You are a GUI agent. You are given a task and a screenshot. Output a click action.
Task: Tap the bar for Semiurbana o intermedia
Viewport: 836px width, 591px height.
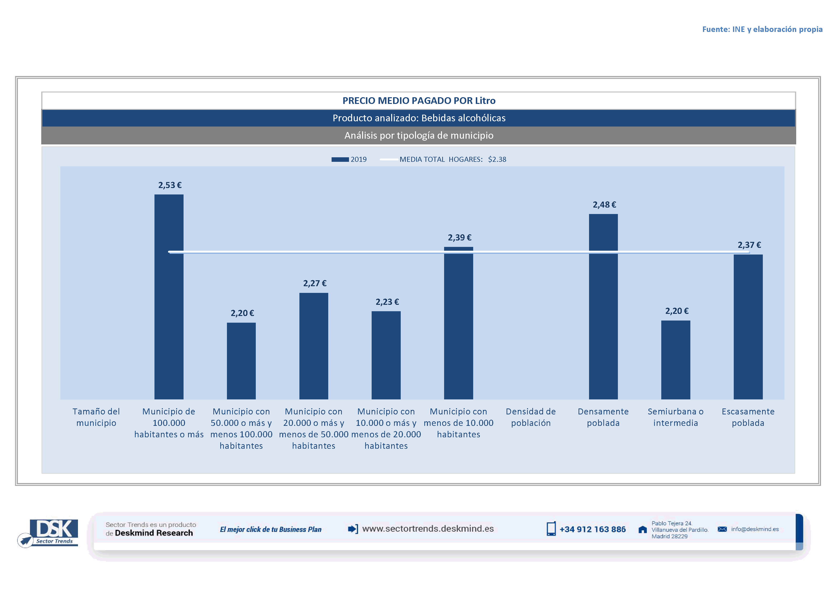pos(675,360)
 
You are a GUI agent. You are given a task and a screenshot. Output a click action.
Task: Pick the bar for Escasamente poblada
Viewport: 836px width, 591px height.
pos(748,327)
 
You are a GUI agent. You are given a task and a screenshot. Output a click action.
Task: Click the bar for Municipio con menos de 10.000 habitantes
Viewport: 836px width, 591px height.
pos(458,323)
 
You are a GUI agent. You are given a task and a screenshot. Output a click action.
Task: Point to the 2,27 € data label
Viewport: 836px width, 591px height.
pos(315,283)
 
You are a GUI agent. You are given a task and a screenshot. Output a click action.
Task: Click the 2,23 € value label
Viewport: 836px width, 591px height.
pos(387,302)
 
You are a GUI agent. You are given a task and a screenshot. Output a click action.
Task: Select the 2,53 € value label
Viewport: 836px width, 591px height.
pos(170,185)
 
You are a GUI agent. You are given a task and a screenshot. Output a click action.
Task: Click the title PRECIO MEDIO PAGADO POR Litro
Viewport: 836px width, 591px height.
pos(419,100)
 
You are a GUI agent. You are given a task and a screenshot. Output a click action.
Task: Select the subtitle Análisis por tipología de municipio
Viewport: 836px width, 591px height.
pos(419,135)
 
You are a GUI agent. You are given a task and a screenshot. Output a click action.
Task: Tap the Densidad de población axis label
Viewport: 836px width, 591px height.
pos(530,417)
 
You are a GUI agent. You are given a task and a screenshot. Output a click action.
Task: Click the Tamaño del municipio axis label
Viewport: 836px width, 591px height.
pos(96,417)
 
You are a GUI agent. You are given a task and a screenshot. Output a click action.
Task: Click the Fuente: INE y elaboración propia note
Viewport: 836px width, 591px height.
pos(762,29)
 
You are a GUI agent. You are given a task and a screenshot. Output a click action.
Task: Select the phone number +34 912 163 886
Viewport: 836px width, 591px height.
pos(592,529)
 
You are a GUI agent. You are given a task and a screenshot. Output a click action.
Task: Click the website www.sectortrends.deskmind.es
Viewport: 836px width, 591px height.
pos(428,528)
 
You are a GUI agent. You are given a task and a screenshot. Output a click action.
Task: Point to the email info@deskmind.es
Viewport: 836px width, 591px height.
pos(755,529)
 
